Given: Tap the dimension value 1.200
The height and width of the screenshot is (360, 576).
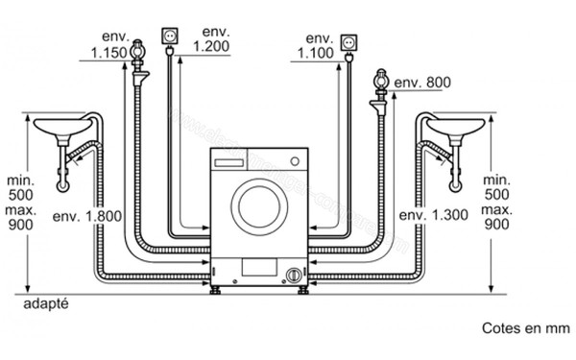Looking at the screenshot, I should pyautogui.click(x=209, y=44).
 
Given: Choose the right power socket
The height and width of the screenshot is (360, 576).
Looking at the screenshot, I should pyautogui.click(x=348, y=44).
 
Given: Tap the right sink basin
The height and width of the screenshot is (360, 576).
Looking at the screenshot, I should pyautogui.click(x=457, y=128).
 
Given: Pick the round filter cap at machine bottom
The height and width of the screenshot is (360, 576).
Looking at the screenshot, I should pyautogui.click(x=290, y=276).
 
